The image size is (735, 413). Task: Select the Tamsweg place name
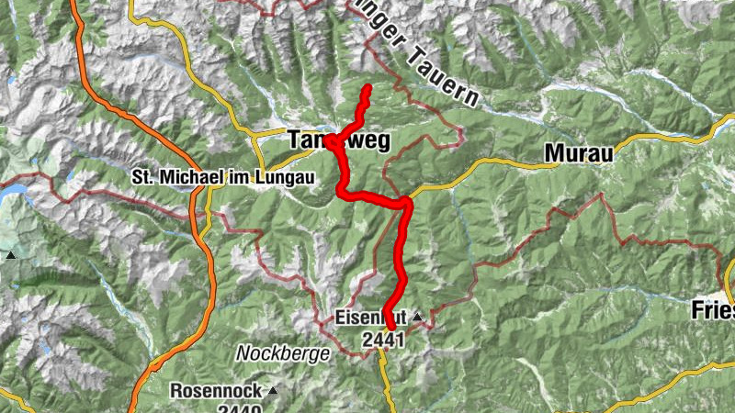coord(339,140)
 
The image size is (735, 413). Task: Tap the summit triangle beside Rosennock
coord(273,390)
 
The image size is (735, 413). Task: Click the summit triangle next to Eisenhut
coord(417,318)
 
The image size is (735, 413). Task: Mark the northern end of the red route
coord(367,89)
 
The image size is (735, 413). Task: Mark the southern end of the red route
coord(391,326)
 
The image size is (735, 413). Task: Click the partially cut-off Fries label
coord(713,312)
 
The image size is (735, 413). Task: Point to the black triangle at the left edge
coord(10,255)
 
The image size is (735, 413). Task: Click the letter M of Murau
coord(553,154)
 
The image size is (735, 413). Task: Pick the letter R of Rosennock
coord(177,390)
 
